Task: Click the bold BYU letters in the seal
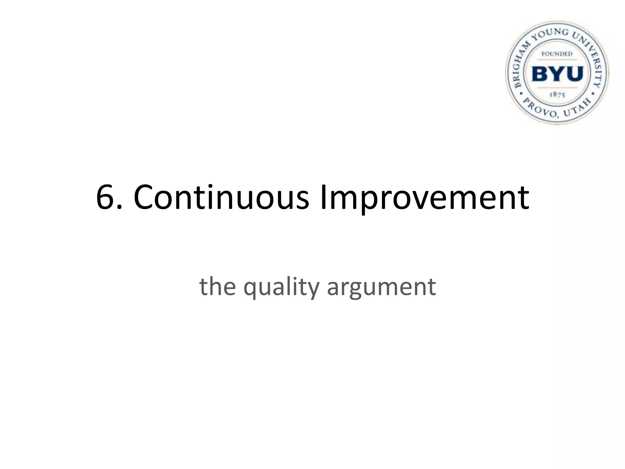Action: pyautogui.click(x=557, y=74)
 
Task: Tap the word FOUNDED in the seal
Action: pyautogui.click(x=557, y=54)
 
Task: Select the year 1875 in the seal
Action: pyautogui.click(x=557, y=95)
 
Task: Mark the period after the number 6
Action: pyautogui.click(x=120, y=208)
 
